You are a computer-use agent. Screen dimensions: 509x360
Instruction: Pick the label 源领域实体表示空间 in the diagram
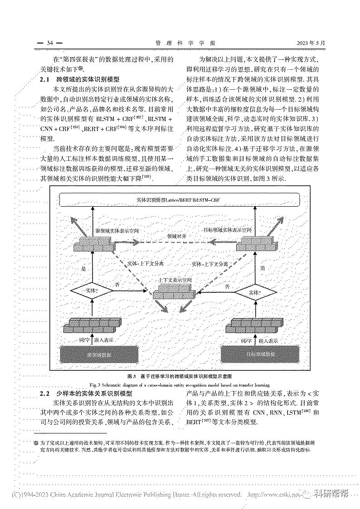(117, 231)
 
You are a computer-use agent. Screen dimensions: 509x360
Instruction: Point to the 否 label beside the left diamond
(117, 284)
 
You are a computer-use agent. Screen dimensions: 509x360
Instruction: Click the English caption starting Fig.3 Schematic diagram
(180, 384)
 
